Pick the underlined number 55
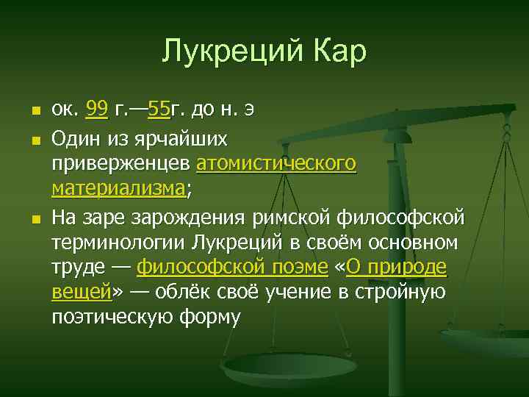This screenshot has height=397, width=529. (159, 111)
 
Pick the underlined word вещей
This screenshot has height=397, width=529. (81, 293)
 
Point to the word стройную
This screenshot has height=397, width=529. (406, 293)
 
